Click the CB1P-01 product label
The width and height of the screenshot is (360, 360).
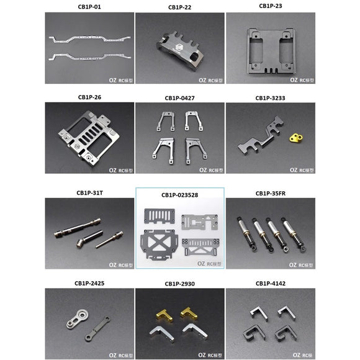90,7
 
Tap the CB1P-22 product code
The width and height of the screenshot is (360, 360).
180,7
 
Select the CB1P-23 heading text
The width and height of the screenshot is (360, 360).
270,6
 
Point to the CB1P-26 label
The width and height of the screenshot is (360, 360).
90,97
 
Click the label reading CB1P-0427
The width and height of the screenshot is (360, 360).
180,98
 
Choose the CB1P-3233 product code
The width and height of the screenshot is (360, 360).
270,98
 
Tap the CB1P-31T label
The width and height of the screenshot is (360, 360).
90,194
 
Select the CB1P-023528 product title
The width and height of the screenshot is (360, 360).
180,194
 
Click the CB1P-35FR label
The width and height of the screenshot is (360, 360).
270,194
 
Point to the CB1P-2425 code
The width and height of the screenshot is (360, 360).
90,284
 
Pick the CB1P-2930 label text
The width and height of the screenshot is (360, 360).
180,284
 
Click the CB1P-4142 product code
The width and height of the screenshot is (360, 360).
270,284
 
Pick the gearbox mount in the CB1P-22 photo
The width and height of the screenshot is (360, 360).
179,48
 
